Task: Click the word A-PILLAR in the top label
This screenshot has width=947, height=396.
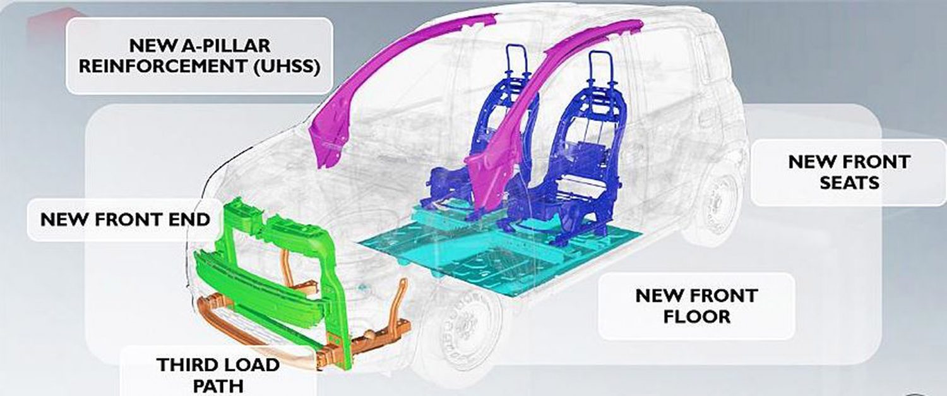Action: pos(225,45)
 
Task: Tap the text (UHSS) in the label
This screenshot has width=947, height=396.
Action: pos(287,66)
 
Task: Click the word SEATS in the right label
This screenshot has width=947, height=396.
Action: pos(849,183)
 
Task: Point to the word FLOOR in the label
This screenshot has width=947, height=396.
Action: pos(696,316)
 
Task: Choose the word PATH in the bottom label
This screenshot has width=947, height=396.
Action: pos(218,386)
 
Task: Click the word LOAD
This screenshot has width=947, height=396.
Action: pos(254,364)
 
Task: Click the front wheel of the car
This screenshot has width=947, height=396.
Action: pos(463,330)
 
